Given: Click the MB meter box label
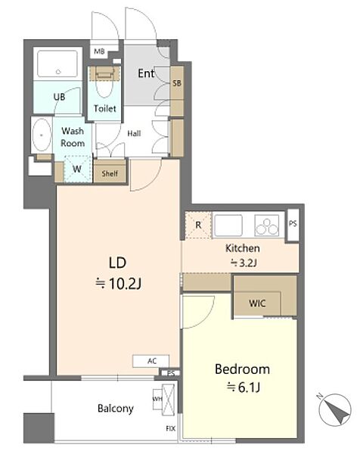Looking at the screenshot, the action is click(x=99, y=51).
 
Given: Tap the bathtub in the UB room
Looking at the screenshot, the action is click(x=58, y=64).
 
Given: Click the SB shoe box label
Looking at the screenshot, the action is click(x=177, y=83).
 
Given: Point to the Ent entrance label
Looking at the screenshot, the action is click(x=146, y=73).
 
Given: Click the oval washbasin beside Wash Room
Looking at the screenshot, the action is click(x=42, y=135).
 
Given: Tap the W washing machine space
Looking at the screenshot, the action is click(x=77, y=169).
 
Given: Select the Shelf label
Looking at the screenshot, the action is click(x=110, y=173).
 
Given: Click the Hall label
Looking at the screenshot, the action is click(x=135, y=133).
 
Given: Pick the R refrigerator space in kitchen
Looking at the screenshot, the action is click(x=198, y=225).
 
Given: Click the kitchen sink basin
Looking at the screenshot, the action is click(x=228, y=225).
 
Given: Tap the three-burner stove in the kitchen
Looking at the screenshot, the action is click(x=267, y=225).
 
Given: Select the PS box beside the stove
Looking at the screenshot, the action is click(x=293, y=224).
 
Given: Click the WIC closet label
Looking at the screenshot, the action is click(x=257, y=303).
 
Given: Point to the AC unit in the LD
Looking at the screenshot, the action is click(x=151, y=361).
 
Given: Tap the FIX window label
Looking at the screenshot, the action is click(x=171, y=428).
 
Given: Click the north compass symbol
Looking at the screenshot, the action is click(x=334, y=409).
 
